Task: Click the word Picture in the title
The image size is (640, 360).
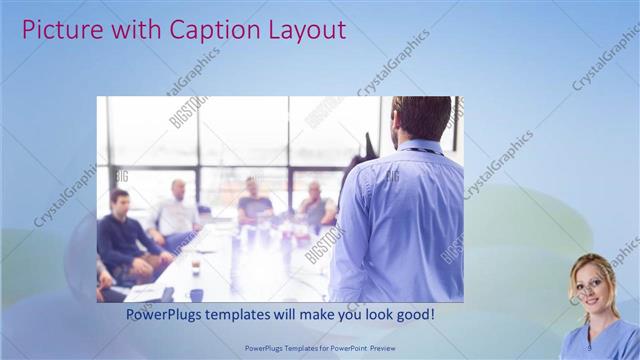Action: tap(58, 30)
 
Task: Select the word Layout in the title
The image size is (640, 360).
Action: tap(304, 30)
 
